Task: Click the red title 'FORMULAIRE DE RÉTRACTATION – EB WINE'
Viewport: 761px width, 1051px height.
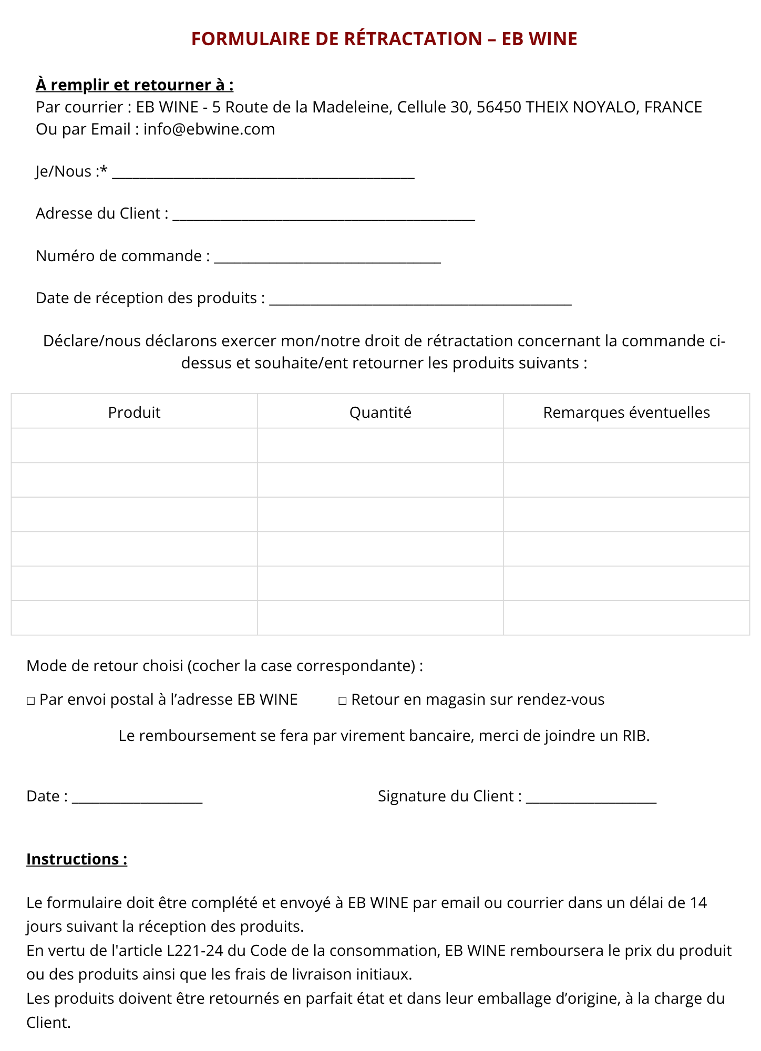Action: click(384, 39)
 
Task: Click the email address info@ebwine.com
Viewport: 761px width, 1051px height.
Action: click(209, 129)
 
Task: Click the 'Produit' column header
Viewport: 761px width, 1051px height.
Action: click(134, 413)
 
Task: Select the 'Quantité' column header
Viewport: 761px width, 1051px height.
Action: click(380, 413)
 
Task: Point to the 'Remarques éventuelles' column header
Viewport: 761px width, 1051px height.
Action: click(626, 413)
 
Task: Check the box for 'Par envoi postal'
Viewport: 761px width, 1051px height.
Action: click(31, 701)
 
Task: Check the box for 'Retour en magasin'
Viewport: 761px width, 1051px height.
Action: click(343, 701)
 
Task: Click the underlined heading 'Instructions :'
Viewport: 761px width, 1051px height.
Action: click(77, 859)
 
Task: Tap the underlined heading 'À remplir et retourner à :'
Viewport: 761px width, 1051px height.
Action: click(135, 85)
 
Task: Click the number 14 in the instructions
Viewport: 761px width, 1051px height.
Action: click(698, 903)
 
